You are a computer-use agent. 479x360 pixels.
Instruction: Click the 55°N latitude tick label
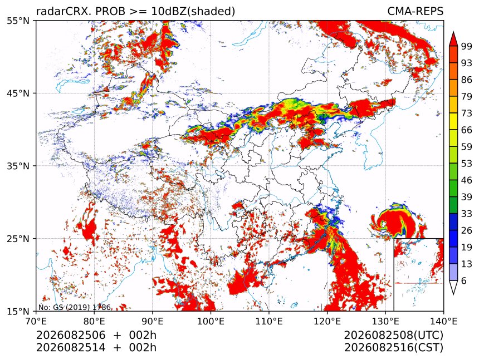click(x=18, y=21)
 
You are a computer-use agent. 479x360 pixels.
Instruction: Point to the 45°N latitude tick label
click(x=18, y=93)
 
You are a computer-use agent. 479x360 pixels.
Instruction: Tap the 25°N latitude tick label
click(x=18, y=239)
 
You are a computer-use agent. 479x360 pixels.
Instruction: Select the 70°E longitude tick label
click(x=36, y=321)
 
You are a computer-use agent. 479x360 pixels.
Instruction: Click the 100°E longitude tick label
click(x=211, y=321)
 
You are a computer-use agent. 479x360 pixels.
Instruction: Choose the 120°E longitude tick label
click(x=327, y=321)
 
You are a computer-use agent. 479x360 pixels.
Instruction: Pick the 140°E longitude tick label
click(x=443, y=321)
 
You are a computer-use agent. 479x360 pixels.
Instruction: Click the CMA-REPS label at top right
click(x=416, y=11)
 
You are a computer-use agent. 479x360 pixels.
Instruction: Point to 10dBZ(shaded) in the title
click(x=193, y=12)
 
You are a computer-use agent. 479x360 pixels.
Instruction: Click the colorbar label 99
click(x=467, y=46)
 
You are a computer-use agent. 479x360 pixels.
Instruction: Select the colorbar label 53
click(x=467, y=164)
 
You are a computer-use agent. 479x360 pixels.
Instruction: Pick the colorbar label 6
click(x=464, y=280)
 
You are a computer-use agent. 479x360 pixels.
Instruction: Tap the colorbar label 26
click(x=467, y=230)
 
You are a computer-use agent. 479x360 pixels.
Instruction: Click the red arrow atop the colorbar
click(x=453, y=39)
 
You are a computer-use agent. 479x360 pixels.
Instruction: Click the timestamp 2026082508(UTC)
click(x=393, y=335)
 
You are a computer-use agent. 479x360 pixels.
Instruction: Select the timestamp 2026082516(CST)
click(x=393, y=348)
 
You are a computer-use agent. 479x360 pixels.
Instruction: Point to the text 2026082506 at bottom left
click(x=71, y=335)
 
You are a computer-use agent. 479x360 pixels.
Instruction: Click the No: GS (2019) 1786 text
click(x=75, y=307)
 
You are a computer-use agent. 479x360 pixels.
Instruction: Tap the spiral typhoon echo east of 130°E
click(x=399, y=221)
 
